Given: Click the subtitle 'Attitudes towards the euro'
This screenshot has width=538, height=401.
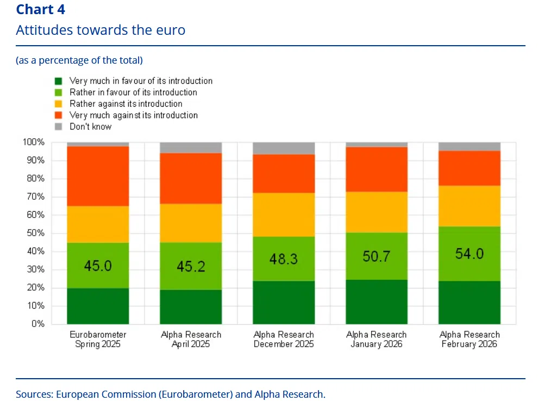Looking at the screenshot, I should pos(101,30).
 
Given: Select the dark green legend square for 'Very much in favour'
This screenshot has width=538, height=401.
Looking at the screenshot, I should pos(59,81).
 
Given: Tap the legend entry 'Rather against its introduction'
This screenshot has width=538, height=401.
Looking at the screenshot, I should pos(126,103).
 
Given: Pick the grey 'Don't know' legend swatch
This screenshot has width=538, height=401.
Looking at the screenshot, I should pos(59,126).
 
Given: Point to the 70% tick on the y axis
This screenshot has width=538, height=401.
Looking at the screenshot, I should pos(35,196).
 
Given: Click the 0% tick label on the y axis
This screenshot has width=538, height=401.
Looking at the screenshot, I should pos(37,324).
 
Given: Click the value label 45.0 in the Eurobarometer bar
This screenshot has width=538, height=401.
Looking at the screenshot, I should pos(98,266).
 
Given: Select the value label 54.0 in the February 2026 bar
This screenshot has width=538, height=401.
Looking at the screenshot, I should pos(470,254).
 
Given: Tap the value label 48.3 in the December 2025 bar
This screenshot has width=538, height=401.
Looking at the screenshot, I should pos(284,259).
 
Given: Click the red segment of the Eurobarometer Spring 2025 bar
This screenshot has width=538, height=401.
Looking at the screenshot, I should pos(98,176).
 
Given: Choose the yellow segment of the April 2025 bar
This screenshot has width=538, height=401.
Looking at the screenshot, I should pos(191,223).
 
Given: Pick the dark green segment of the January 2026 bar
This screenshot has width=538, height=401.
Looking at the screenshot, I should pos(377,302).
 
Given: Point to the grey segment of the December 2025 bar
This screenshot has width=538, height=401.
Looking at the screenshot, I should pos(284,148).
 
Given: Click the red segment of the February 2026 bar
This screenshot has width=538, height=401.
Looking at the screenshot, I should pos(470,168).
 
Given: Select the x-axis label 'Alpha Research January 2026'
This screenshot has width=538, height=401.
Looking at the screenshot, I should pos(377,340).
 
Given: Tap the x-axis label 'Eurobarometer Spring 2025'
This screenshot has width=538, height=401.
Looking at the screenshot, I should pos(98,340).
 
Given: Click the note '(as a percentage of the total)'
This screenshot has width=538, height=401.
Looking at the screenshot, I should pos(79,60).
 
